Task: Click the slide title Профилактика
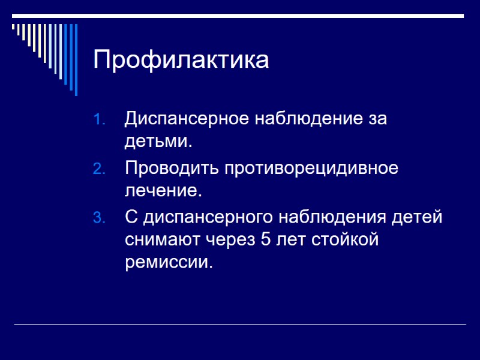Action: [181, 60]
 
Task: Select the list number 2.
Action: [100, 169]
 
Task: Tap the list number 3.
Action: [100, 218]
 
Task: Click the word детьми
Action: [158, 143]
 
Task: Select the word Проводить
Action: [172, 168]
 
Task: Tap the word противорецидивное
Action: [311, 168]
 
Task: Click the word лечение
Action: [161, 191]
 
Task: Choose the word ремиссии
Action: [169, 263]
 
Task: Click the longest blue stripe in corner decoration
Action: [75, 59]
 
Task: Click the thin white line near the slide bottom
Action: [240, 325]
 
